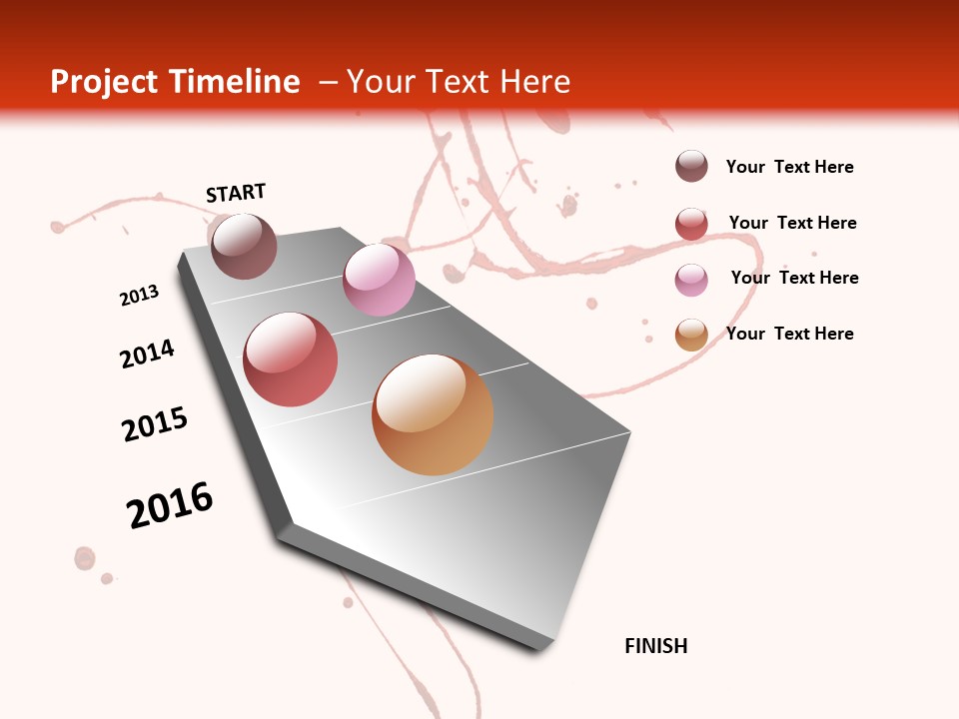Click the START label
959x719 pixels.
click(x=236, y=193)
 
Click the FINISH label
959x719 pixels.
click(x=655, y=646)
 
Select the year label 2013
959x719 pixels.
click(x=139, y=296)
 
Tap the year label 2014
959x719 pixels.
click(x=147, y=354)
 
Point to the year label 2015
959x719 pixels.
click(x=155, y=424)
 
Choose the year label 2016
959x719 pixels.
click(x=170, y=505)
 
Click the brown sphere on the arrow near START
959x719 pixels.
click(x=244, y=246)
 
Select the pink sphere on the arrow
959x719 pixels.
click(x=379, y=280)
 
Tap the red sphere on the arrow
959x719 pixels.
click(x=291, y=359)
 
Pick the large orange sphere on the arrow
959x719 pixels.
click(x=433, y=414)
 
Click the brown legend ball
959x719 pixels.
click(x=691, y=167)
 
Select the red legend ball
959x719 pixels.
click(x=691, y=224)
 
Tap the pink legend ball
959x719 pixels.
click(x=691, y=280)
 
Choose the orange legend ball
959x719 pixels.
click(x=691, y=335)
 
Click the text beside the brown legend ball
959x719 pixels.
click(x=789, y=167)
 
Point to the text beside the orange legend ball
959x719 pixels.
click(x=789, y=334)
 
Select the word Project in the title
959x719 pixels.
click(x=105, y=82)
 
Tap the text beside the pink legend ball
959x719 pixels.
click(x=794, y=278)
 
